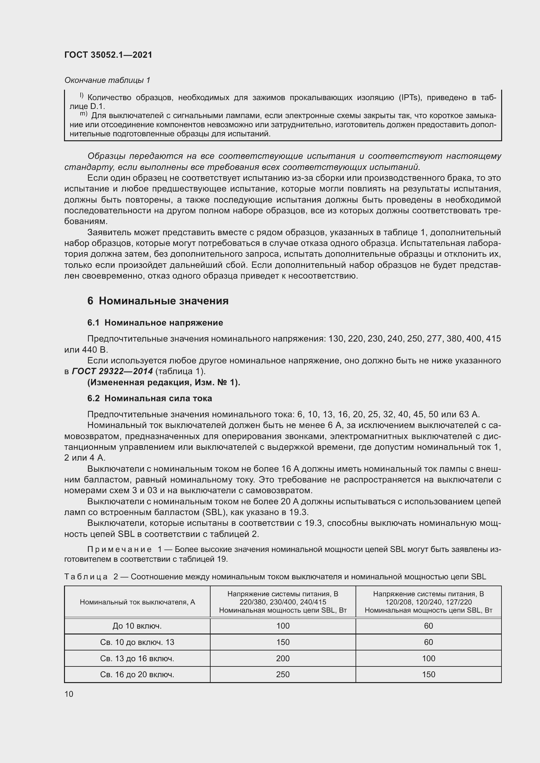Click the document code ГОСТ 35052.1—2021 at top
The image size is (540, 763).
(x=108, y=55)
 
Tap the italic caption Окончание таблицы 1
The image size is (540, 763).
(x=107, y=80)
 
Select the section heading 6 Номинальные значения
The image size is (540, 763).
(x=158, y=301)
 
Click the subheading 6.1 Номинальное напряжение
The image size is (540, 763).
(x=155, y=323)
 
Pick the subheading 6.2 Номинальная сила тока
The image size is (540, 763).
(x=150, y=398)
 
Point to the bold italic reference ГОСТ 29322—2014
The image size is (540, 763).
(x=112, y=371)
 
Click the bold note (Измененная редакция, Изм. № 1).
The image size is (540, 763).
(x=164, y=383)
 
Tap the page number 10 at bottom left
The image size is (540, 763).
(x=69, y=694)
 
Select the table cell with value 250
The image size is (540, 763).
(x=283, y=674)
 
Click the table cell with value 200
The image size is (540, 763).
(x=283, y=658)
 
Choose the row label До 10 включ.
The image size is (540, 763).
(x=137, y=626)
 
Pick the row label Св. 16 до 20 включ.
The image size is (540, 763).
(x=137, y=674)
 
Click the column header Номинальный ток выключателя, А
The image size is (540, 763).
(x=137, y=602)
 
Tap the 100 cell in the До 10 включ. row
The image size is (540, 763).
(x=283, y=626)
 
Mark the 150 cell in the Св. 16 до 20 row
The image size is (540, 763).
(x=428, y=674)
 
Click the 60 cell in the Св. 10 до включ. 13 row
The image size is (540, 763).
(x=428, y=642)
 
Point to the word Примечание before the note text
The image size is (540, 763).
(x=119, y=550)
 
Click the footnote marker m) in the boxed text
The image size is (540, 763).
(x=84, y=114)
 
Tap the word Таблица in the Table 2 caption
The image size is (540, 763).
(x=86, y=576)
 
